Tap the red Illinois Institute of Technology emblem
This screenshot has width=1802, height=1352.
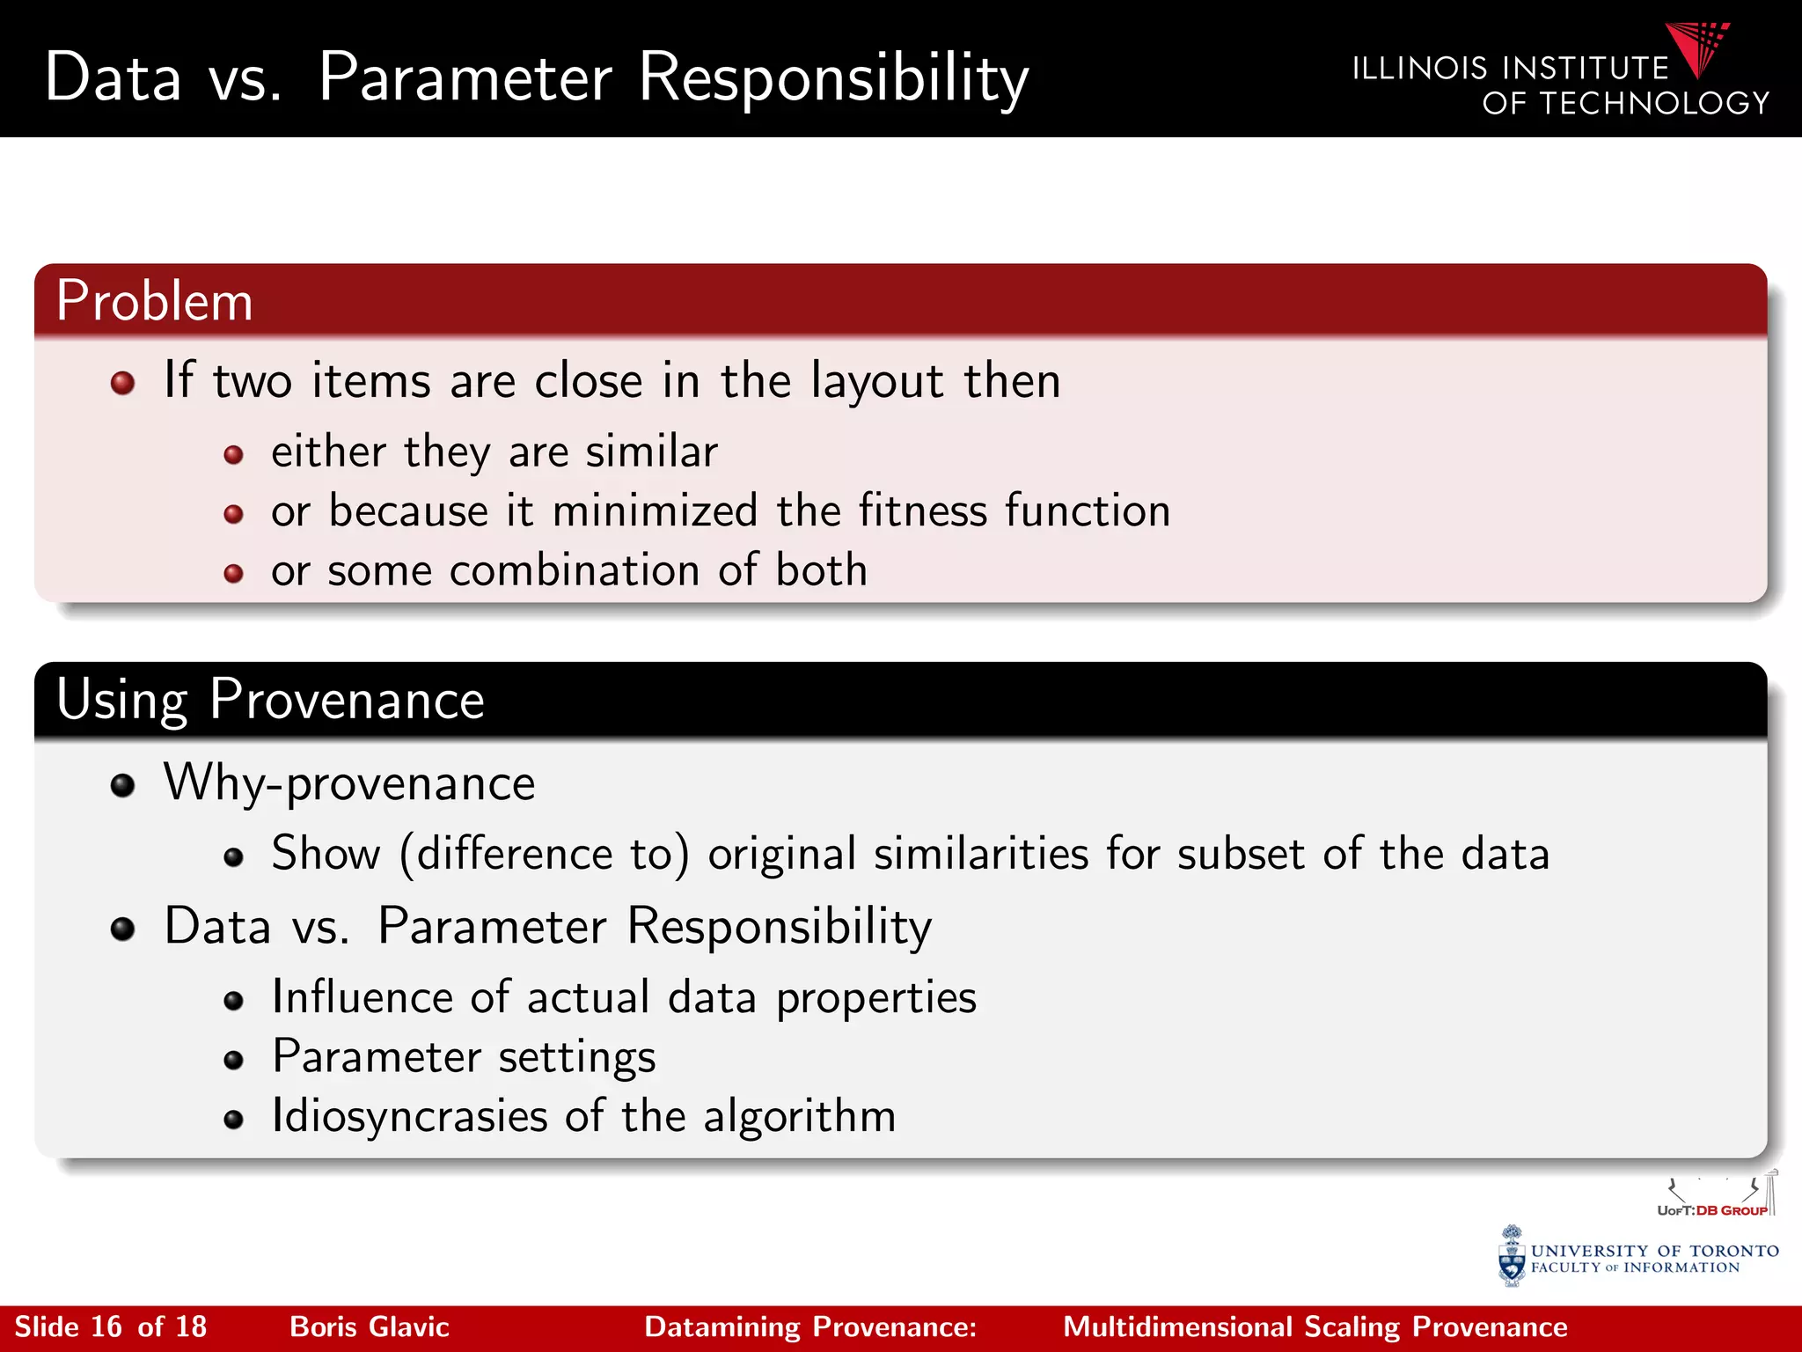tap(1698, 48)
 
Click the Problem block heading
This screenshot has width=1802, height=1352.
tap(155, 301)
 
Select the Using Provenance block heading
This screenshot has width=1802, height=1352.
tap(270, 700)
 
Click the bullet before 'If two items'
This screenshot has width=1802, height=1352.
tap(122, 383)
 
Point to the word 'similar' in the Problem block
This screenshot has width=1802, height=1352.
tap(652, 452)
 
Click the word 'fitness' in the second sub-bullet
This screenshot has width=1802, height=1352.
tap(923, 511)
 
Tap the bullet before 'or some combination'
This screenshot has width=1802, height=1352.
tap(233, 574)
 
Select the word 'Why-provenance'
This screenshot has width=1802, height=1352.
tap(349, 783)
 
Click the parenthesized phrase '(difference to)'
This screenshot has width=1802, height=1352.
tap(545, 854)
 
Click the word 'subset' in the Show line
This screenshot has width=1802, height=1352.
tap(1241, 854)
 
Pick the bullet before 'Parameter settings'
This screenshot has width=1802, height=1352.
tap(233, 1060)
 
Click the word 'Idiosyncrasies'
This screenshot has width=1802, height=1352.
tap(410, 1116)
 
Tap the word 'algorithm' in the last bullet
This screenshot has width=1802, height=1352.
tap(799, 1116)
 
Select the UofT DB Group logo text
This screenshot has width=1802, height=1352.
tap(1712, 1210)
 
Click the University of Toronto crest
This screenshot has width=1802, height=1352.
tap(1512, 1257)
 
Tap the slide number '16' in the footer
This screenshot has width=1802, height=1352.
tap(106, 1326)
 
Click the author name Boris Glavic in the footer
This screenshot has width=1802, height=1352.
tap(370, 1326)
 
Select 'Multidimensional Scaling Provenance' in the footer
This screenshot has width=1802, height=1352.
tap(1315, 1326)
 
